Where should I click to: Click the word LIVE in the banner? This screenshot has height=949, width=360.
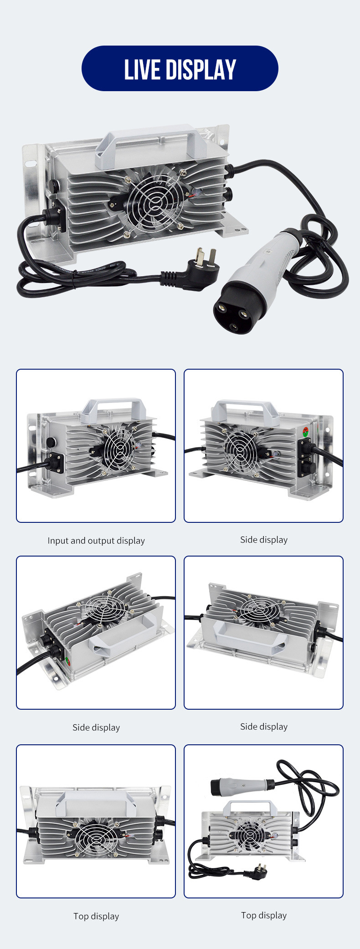(x=142, y=70)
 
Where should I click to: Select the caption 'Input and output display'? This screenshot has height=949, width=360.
(x=96, y=541)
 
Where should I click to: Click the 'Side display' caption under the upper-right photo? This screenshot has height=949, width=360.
(x=264, y=540)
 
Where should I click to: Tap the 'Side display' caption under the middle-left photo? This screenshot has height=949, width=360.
(x=96, y=727)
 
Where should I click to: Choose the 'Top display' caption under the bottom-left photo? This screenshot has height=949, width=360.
(x=96, y=916)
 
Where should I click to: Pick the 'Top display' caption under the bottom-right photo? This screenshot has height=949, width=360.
(x=264, y=915)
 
